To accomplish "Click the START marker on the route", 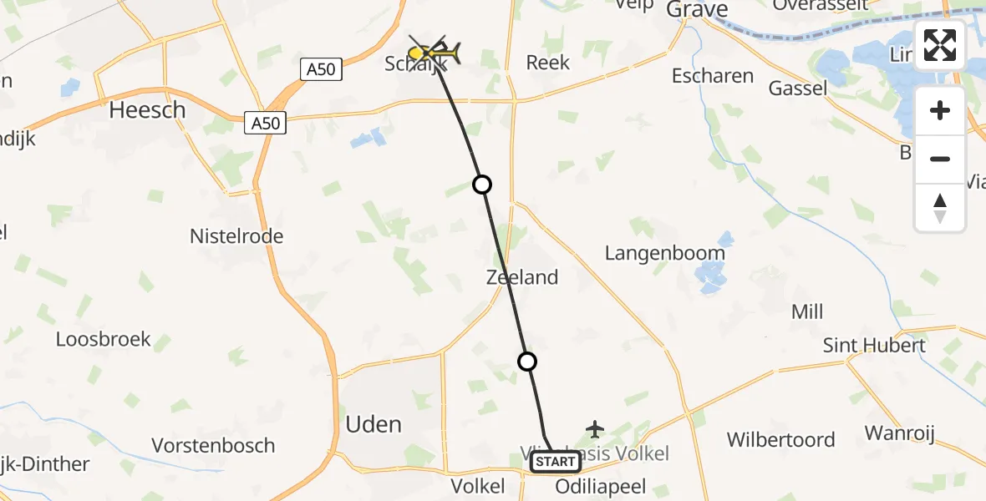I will click(555, 462).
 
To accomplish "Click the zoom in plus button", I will click(940, 110).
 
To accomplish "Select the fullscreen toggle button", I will click(940, 45).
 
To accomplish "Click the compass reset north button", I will click(940, 207).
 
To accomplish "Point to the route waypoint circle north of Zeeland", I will click(482, 185).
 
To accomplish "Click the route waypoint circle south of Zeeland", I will click(526, 362).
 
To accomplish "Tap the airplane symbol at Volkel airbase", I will click(595, 429).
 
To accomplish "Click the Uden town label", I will click(374, 424).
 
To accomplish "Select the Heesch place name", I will click(147, 109).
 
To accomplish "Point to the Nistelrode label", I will click(236, 236).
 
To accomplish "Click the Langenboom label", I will click(664, 253).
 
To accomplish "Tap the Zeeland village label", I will click(522, 277).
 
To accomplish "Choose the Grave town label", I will click(697, 10).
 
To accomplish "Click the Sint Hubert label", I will click(874, 346).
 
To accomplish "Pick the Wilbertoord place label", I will click(780, 440).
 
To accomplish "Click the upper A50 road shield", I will click(321, 69).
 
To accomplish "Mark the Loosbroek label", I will click(104, 339).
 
